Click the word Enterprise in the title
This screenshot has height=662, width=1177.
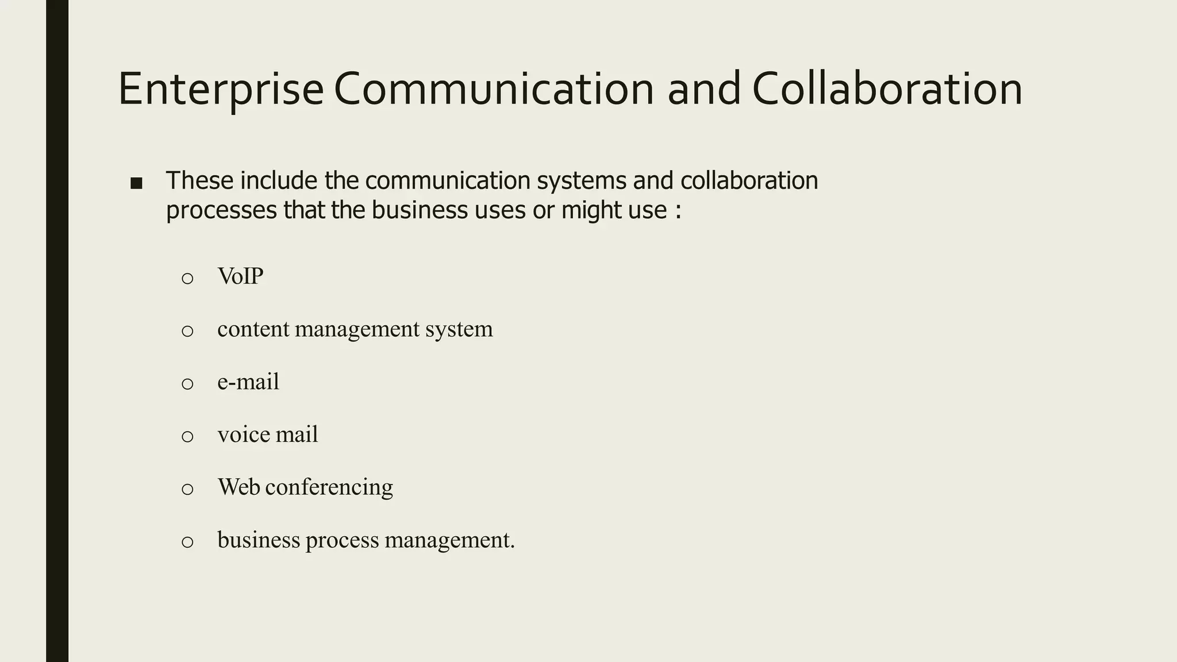click(x=221, y=90)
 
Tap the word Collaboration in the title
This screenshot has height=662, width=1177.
click(x=887, y=90)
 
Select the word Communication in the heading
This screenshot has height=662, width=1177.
click(x=494, y=90)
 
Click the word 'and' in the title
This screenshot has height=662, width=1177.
click(x=703, y=90)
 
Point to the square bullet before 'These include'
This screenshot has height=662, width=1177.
click(x=136, y=183)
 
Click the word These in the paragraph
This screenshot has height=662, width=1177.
click(x=200, y=180)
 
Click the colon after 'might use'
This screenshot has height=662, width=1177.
click(x=678, y=211)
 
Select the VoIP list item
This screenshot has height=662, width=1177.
click(x=240, y=276)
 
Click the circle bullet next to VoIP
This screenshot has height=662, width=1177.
click(x=187, y=279)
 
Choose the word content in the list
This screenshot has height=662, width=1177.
click(x=253, y=329)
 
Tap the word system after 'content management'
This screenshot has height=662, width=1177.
click(x=459, y=329)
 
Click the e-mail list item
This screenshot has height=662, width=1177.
click(x=248, y=382)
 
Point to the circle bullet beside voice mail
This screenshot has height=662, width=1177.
click(x=187, y=437)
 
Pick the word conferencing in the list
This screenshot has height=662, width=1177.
click(x=329, y=487)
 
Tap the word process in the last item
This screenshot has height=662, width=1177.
click(x=342, y=540)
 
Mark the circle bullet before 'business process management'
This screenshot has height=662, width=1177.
click(x=187, y=542)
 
